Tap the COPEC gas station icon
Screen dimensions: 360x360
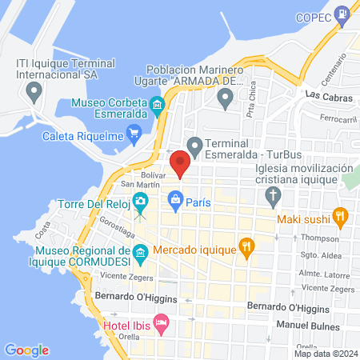coord(342,13)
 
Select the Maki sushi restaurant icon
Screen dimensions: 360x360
coord(340,214)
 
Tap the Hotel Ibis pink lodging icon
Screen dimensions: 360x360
coord(162,326)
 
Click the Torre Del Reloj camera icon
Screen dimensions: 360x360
coord(141,200)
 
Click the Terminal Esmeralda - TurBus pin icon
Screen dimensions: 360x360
coord(194,146)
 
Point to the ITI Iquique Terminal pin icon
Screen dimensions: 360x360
coord(34,92)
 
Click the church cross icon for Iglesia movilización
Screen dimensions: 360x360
coord(274,195)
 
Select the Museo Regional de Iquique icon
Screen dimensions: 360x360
coord(141,254)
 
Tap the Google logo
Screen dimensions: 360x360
coord(27,350)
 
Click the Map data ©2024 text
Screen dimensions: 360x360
coord(325,353)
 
